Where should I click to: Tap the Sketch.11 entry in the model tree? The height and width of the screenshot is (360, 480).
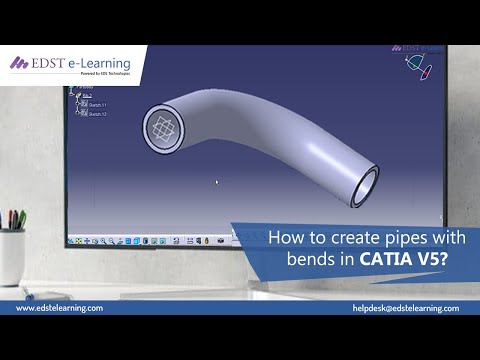pyautogui.click(x=97, y=104)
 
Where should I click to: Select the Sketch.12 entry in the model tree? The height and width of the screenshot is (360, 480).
pyautogui.click(x=97, y=113)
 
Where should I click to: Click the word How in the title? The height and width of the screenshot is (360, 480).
pyautogui.click(x=285, y=238)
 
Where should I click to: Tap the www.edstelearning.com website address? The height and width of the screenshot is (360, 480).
pyautogui.click(x=59, y=308)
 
